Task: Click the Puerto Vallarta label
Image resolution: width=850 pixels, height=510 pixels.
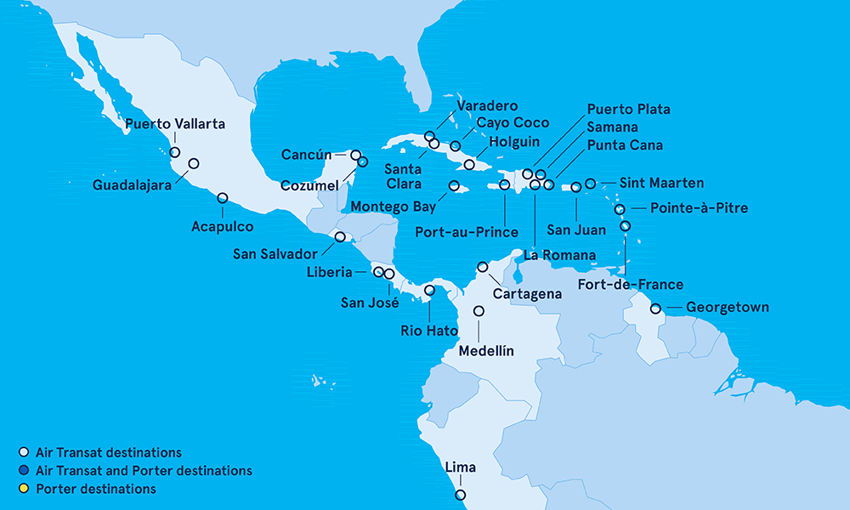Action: pos(174,124)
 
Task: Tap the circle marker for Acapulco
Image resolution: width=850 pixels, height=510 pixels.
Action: pos(223,198)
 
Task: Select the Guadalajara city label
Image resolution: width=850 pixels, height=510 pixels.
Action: pos(139,183)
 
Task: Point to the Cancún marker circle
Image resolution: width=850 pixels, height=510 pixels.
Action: pos(356,156)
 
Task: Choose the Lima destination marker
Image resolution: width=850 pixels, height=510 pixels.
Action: pos(460,495)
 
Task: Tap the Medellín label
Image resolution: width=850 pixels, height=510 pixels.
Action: pos(486,350)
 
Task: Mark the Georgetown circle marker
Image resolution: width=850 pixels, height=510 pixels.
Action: pos(655,309)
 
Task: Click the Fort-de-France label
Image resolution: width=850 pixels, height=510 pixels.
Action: pos(630,284)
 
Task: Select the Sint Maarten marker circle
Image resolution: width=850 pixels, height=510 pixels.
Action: pos(591,183)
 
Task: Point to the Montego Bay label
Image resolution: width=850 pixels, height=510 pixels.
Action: pos(393,206)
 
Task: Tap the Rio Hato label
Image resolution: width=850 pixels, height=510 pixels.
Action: pos(429,331)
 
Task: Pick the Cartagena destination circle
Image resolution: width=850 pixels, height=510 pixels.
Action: pos(483,267)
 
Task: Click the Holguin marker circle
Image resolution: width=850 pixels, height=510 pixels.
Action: pos(469,164)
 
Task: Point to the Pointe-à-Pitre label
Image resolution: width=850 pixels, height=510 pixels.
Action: pos(699,207)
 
